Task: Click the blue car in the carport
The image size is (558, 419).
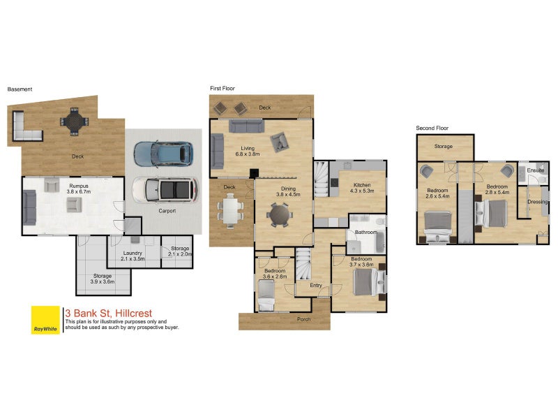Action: pyautogui.click(x=163, y=154)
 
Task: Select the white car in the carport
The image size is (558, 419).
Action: pyautogui.click(x=165, y=189)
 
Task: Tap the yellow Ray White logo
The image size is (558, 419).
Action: pyautogui.click(x=45, y=320)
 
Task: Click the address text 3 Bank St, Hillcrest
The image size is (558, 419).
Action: pyautogui.click(x=109, y=313)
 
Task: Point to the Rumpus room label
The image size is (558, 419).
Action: pyautogui.click(x=79, y=186)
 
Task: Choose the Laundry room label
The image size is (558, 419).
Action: pyautogui.click(x=133, y=253)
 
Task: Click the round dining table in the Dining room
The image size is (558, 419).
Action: pyautogui.click(x=280, y=215)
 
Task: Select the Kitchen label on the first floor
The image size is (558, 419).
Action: pyautogui.click(x=362, y=185)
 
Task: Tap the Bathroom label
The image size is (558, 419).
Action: pyautogui.click(x=365, y=233)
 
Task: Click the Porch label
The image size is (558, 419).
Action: pyautogui.click(x=303, y=319)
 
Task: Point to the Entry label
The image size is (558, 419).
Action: pyautogui.click(x=316, y=286)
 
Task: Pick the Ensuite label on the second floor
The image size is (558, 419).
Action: pyautogui.click(x=536, y=170)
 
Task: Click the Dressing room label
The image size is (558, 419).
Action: pyautogui.click(x=537, y=202)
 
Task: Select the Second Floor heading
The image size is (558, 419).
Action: pyautogui.click(x=432, y=128)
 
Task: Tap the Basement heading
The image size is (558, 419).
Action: pyautogui.click(x=20, y=89)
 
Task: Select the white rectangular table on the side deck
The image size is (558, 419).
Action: pyautogui.click(x=230, y=211)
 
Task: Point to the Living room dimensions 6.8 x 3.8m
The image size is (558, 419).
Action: pyautogui.click(x=248, y=154)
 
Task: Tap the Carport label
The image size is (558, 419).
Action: pyautogui.click(x=167, y=211)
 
